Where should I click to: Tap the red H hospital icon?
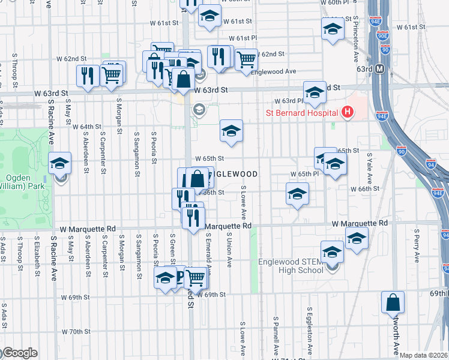(346, 112)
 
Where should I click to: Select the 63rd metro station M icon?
(379, 69)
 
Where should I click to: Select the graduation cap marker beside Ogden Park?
(59, 166)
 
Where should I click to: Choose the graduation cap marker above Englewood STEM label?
(331, 252)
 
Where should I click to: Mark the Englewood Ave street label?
(274, 71)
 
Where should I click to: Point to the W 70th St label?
(76, 331)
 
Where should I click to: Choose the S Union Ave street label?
(229, 252)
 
